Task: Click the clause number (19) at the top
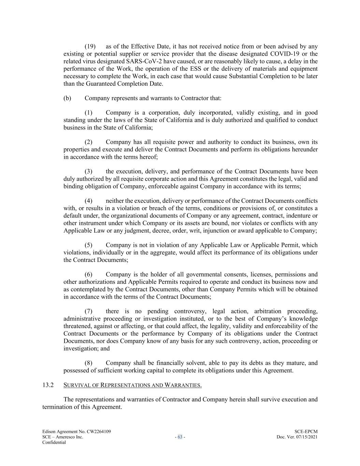[x=90, y=46]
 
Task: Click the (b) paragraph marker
[x=67, y=98]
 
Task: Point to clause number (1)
[x=88, y=113]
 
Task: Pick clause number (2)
[x=88, y=142]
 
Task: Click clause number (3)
[x=88, y=171]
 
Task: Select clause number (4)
[x=88, y=201]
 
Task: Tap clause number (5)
[x=88, y=245]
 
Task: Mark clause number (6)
[x=88, y=274]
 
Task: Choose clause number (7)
[x=88, y=311]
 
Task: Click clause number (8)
[x=88, y=363]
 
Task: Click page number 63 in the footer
[x=180, y=437]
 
